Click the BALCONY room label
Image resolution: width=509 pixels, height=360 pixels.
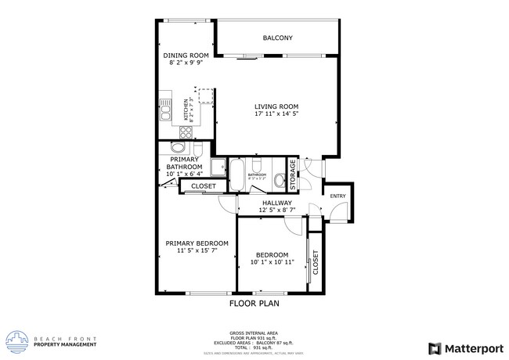(277, 38)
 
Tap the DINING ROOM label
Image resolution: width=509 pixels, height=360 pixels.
(186, 56)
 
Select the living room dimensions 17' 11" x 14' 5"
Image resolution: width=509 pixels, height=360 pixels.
(276, 114)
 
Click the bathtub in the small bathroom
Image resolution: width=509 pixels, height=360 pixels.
(236, 175)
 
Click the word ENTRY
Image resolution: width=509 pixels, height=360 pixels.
(338, 196)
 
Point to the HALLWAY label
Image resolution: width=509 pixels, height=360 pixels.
(276, 203)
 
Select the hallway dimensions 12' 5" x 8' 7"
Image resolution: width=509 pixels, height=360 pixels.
(276, 211)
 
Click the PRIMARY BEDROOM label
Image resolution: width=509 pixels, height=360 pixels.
(197, 243)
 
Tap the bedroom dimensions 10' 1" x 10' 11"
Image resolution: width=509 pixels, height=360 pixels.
(273, 262)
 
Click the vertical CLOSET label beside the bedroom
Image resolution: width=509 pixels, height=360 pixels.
(316, 265)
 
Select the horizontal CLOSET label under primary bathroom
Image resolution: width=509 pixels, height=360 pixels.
(204, 186)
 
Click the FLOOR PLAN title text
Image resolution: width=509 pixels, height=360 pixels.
(254, 302)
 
